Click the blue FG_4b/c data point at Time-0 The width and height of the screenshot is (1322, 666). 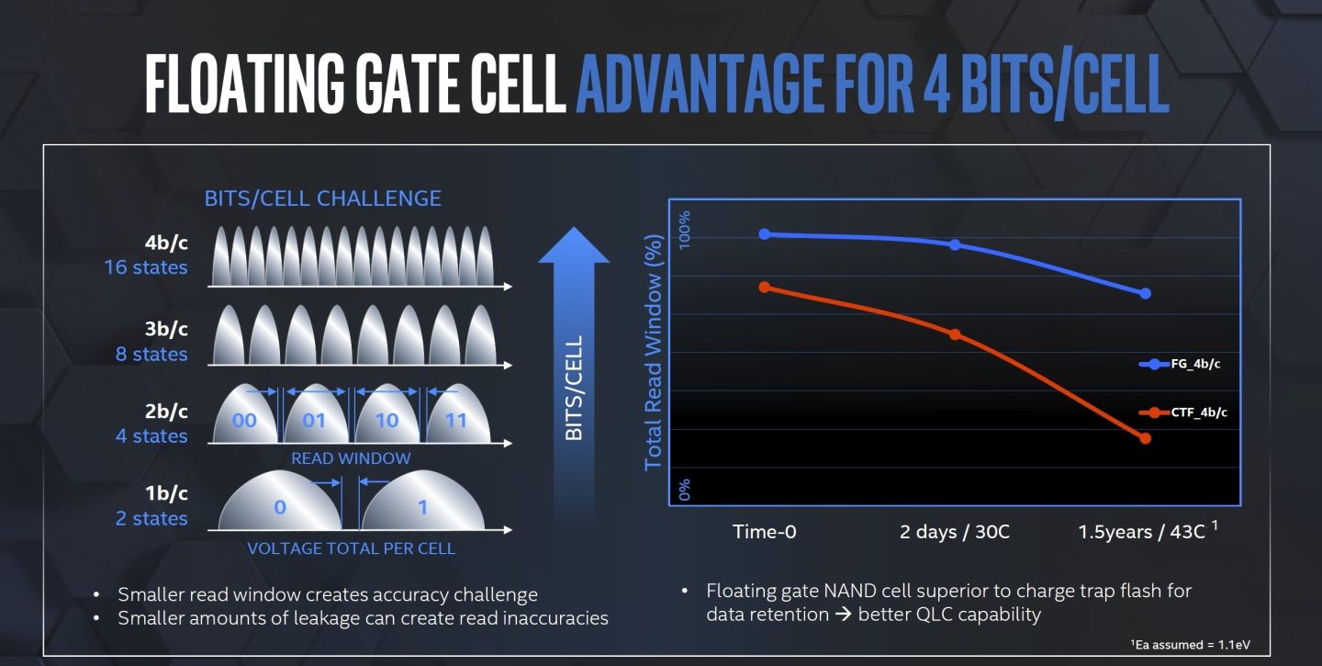(x=765, y=234)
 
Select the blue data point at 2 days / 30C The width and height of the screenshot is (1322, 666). (x=955, y=245)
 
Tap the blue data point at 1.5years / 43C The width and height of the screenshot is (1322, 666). (x=1145, y=293)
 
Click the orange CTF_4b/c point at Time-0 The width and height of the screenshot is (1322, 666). (x=765, y=288)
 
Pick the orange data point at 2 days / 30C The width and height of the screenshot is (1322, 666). (x=955, y=334)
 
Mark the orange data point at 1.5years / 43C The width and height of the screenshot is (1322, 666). (x=1145, y=438)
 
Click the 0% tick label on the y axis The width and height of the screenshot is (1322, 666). (x=684, y=489)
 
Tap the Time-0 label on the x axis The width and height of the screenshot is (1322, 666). (x=765, y=532)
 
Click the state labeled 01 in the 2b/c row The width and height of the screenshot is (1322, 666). (x=315, y=422)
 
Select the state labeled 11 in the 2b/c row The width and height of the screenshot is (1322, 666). (x=455, y=422)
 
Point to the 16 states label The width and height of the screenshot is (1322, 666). (x=145, y=268)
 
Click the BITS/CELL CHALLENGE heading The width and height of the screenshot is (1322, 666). (x=322, y=198)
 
